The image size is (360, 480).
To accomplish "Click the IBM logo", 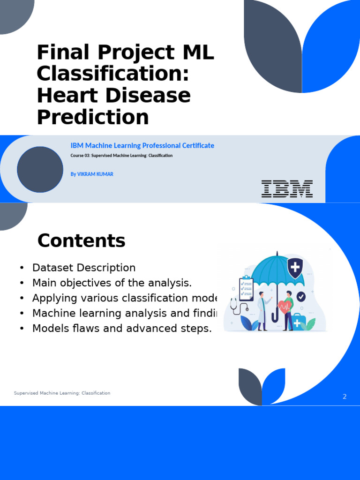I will click(x=287, y=188).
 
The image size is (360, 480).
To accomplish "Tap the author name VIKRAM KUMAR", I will click(x=92, y=174).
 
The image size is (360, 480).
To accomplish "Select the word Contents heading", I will click(x=81, y=240).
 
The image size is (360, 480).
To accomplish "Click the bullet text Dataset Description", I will click(x=83, y=268).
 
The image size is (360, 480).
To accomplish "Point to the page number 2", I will click(x=345, y=397).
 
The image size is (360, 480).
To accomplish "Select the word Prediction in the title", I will click(x=93, y=117).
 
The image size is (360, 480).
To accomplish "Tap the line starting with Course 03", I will click(x=121, y=156).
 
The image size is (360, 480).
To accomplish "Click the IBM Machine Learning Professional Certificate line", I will click(x=142, y=145).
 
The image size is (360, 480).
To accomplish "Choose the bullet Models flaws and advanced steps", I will click(x=122, y=328).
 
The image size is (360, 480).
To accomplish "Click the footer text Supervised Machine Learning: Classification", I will click(x=62, y=393).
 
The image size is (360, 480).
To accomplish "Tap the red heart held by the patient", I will click(x=284, y=307).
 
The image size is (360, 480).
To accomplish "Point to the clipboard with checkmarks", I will click(x=246, y=288).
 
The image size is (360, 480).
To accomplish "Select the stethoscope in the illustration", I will click(x=236, y=307).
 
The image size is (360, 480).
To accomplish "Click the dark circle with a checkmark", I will click(x=301, y=296).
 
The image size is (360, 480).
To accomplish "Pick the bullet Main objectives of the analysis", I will click(x=112, y=283).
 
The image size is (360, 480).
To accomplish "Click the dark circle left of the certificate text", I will click(x=40, y=169).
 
